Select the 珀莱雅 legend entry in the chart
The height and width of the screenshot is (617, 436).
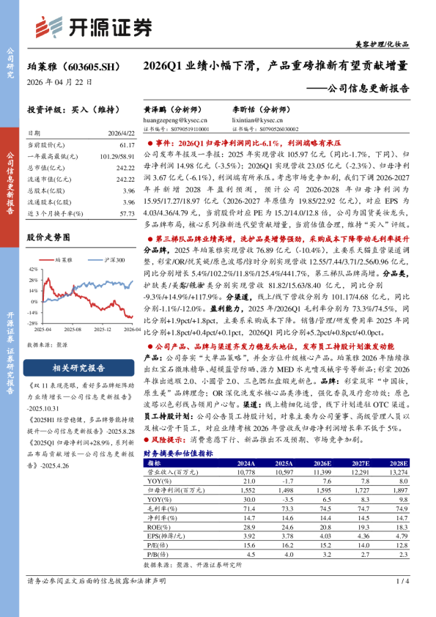pos(67,260)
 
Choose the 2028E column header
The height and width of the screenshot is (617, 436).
pos(398,463)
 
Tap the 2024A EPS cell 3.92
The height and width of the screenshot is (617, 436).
pos(245,536)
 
